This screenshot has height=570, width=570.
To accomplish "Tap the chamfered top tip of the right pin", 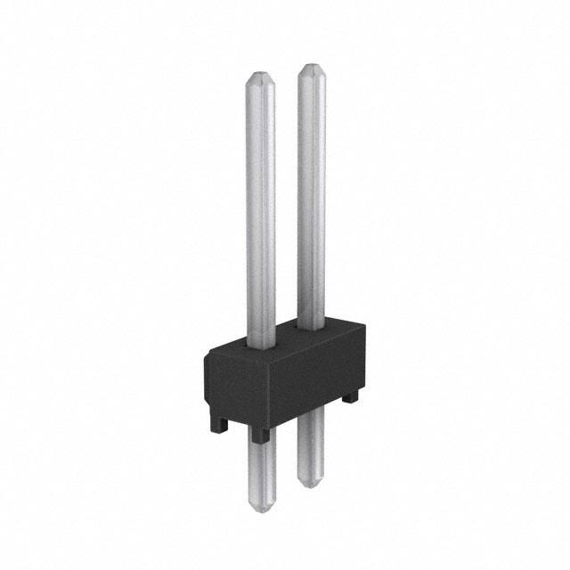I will point(312,70).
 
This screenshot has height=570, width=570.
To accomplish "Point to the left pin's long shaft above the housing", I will point(260,205).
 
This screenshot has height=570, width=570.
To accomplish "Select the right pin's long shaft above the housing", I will point(312,196).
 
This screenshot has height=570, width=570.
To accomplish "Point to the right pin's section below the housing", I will point(312,450).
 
